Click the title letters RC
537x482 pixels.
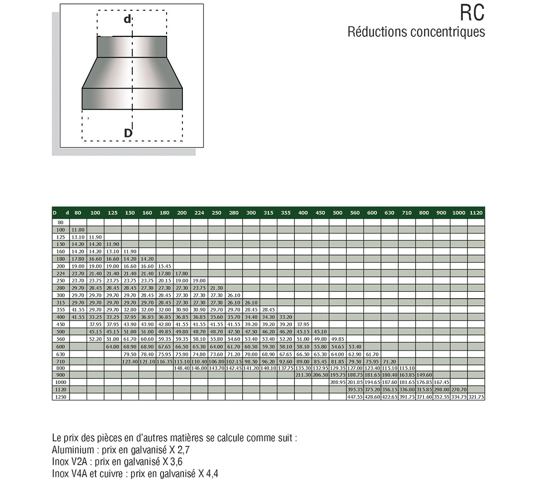pyautogui.click(x=472, y=13)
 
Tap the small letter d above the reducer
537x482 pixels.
pyautogui.click(x=128, y=19)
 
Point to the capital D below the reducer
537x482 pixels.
pyautogui.click(x=128, y=133)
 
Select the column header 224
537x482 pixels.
pyautogui.click(x=199, y=213)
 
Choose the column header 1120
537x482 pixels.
pyautogui.click(x=476, y=213)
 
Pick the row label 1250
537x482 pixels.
pyautogui.click(x=60, y=397)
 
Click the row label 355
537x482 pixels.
pyautogui.click(x=60, y=309)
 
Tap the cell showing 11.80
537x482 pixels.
pyautogui.click(x=78, y=230)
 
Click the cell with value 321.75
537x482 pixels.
pyautogui.click(x=476, y=397)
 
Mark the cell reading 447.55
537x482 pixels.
pyautogui.click(x=355, y=397)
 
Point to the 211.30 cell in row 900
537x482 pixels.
pyautogui.click(x=303, y=375)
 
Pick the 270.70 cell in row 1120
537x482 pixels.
pyautogui.click(x=458, y=389)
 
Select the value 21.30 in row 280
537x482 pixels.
pyautogui.click(x=216, y=287)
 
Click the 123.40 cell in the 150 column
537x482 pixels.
pyautogui.click(x=130, y=361)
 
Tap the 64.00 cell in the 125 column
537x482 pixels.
pyautogui.click(x=112, y=346)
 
